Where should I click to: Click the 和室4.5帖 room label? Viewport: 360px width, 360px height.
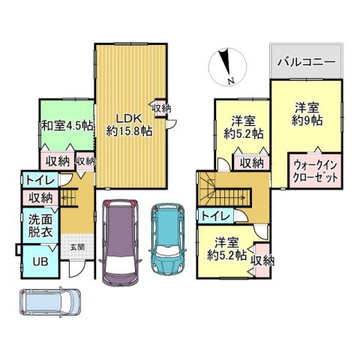point(67,126)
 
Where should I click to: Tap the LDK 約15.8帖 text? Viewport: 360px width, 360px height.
point(129,124)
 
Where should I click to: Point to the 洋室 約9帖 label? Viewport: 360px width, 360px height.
point(307,112)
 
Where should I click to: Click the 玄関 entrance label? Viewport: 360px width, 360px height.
point(77,247)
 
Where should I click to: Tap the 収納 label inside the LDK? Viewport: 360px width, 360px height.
point(160,108)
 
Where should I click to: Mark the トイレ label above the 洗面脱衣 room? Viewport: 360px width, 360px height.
point(37,179)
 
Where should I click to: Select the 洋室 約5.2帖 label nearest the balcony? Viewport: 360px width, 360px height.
point(243,127)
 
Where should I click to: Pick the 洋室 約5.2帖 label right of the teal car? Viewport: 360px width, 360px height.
point(228,249)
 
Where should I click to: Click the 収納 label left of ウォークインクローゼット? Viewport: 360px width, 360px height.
point(251,161)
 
